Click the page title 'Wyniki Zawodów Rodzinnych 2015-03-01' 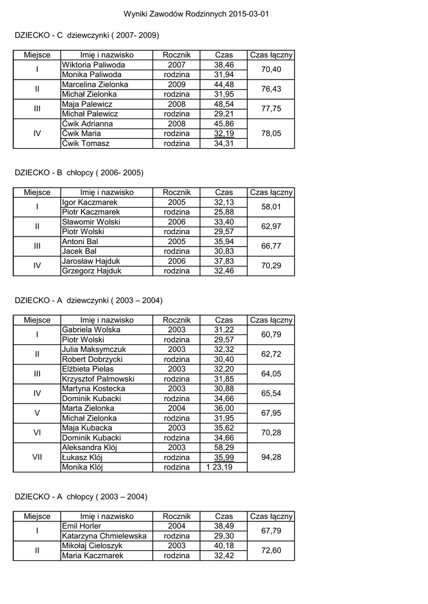coord(197,14)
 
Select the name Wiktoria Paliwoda coord(93,65)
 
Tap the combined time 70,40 coord(271,70)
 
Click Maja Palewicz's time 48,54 coord(224,104)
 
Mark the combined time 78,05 coord(271,133)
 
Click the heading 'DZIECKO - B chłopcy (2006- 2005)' coord(79,172)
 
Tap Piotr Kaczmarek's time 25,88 coord(224,212)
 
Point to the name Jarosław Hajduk coord(91,261)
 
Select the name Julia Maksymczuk coord(94,349)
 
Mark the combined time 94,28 coord(271,457)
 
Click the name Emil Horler coord(81,526)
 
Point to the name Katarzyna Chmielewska coord(104,536)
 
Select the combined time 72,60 coord(271,550)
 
